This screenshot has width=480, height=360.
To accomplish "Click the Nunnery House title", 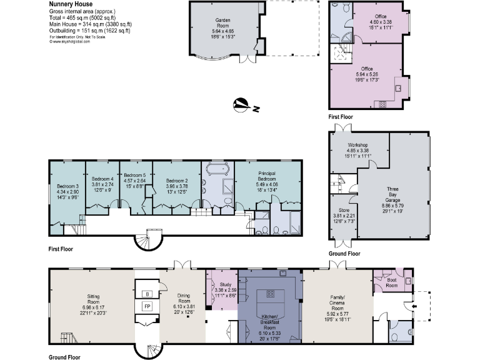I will point(69,4).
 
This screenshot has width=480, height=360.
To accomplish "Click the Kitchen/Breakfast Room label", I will point(271,325).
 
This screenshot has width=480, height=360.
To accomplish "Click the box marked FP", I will point(147,307).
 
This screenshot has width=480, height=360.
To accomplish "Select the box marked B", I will point(147,294).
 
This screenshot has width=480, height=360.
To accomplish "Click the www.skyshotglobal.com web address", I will point(69,42).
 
